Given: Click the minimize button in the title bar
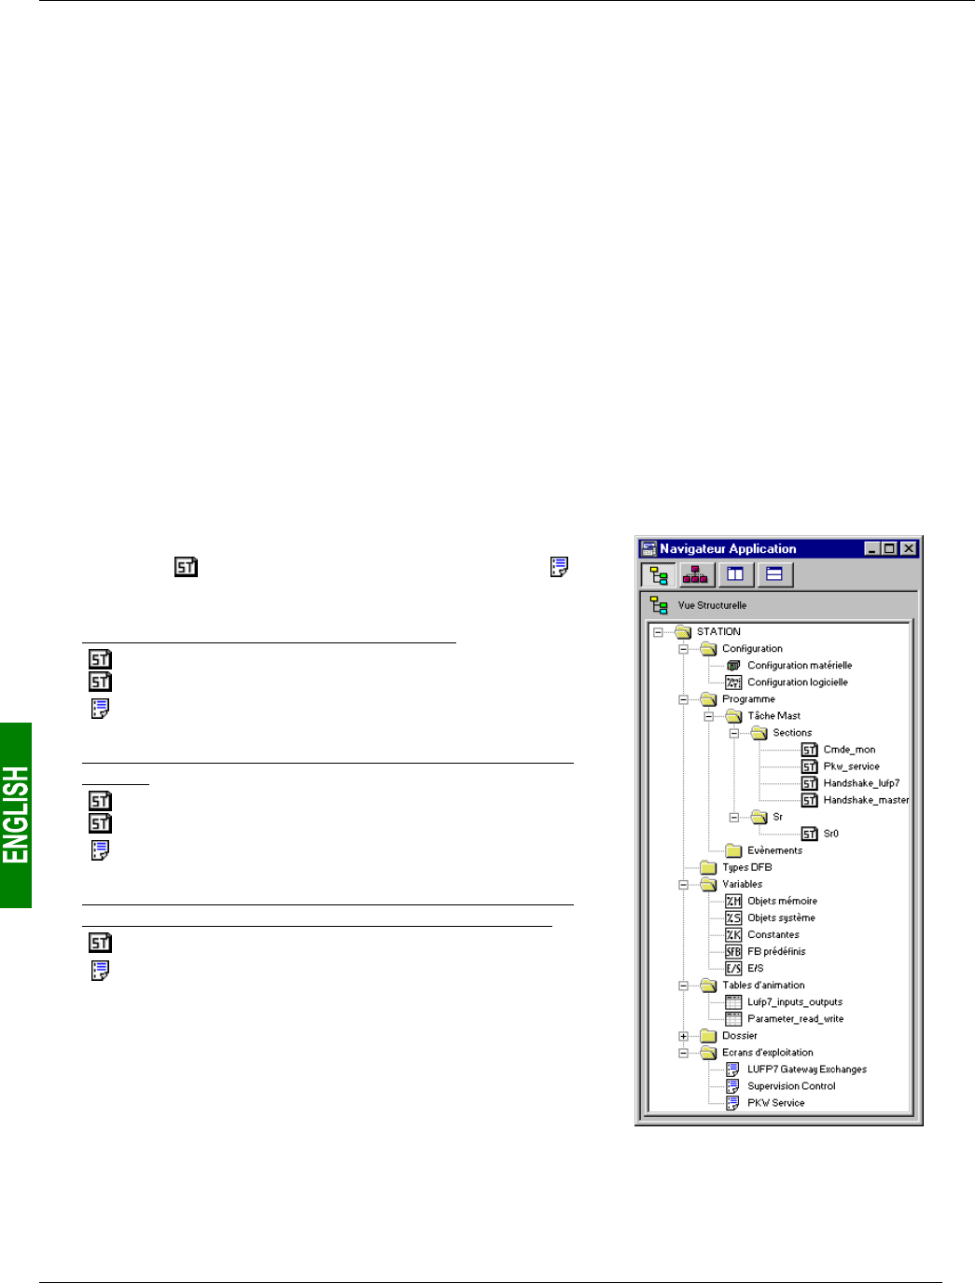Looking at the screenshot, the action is pyautogui.click(x=871, y=548).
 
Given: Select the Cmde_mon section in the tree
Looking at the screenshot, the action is pyautogui.click(x=849, y=750).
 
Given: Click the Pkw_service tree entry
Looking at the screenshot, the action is pyautogui.click(x=851, y=766).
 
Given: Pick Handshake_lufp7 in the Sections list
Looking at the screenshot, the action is pyautogui.click(x=861, y=783).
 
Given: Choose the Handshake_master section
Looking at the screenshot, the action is pyautogui.click(x=866, y=800).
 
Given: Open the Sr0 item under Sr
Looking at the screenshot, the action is pyautogui.click(x=830, y=834).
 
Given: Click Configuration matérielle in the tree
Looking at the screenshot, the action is pyautogui.click(x=799, y=666).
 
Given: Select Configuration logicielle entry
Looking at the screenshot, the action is pyautogui.click(x=797, y=683).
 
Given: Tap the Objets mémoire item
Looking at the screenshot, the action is pyautogui.click(x=782, y=901).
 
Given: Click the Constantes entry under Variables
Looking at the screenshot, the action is pyautogui.click(x=773, y=934).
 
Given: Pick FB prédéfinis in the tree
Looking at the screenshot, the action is pyautogui.click(x=775, y=951).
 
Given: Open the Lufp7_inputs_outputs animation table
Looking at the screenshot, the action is pyautogui.click(x=794, y=1002).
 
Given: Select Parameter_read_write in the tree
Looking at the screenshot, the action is pyautogui.click(x=795, y=1019).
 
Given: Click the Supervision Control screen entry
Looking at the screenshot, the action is pyautogui.click(x=791, y=1086).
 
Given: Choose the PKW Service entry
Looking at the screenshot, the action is pyautogui.click(x=775, y=1103).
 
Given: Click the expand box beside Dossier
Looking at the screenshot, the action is pyautogui.click(x=683, y=1036).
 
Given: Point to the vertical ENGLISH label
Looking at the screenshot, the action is pyautogui.click(x=16, y=815).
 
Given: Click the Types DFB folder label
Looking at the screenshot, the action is pyautogui.click(x=746, y=867).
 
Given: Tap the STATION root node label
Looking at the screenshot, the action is pyautogui.click(x=718, y=631).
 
